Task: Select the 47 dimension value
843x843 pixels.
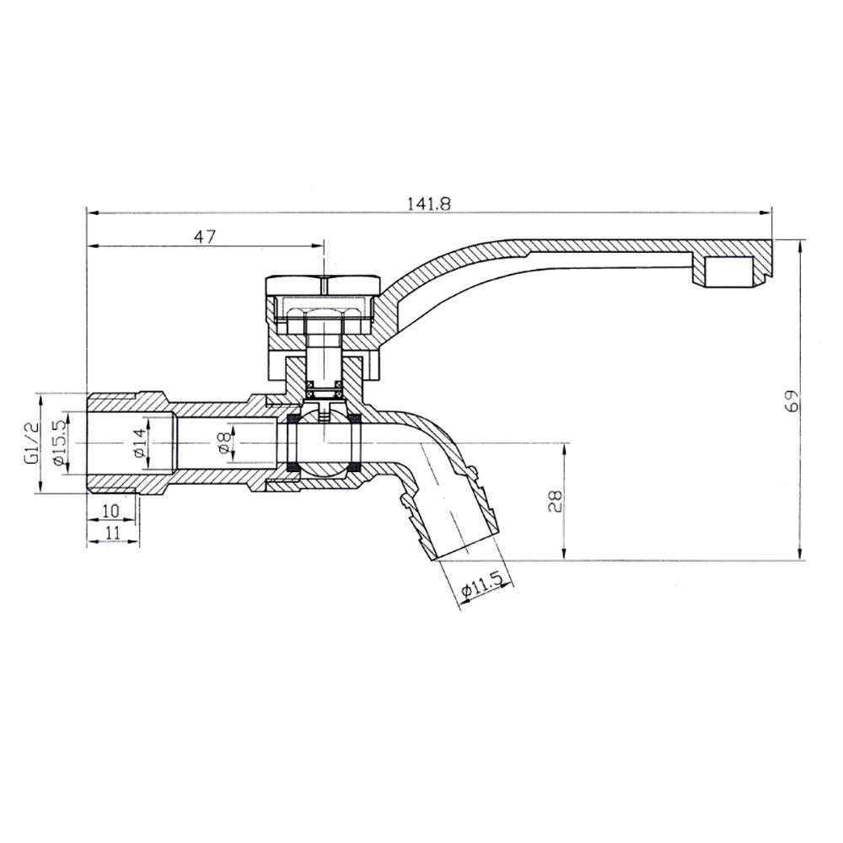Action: tap(205, 237)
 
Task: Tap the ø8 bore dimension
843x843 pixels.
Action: tap(223, 443)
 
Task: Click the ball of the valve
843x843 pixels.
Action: tap(325, 445)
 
